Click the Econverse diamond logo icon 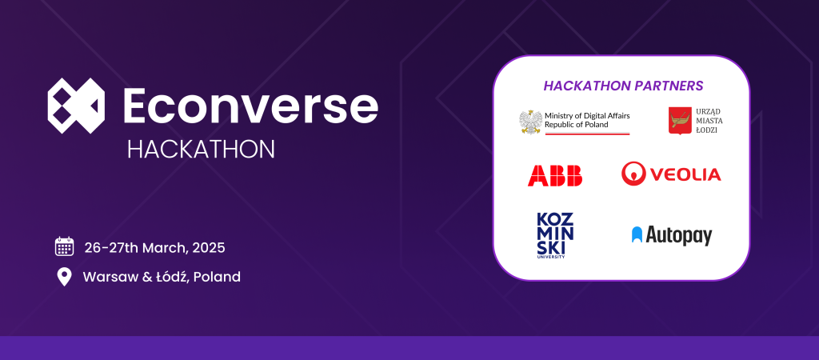[x=76, y=106]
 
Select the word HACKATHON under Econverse [x=201, y=149]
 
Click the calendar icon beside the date [x=64, y=246]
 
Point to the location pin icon [x=64, y=277]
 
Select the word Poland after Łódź [x=218, y=277]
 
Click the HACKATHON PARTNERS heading [x=623, y=85]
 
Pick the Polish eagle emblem [x=530, y=122]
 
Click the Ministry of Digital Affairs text [x=587, y=116]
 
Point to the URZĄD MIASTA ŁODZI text [x=709, y=122]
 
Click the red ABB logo [x=555, y=174]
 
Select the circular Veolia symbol [x=633, y=173]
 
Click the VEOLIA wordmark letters [x=685, y=174]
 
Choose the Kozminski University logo [x=556, y=234]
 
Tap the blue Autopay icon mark [x=637, y=234]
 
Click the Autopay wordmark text [x=679, y=235]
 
